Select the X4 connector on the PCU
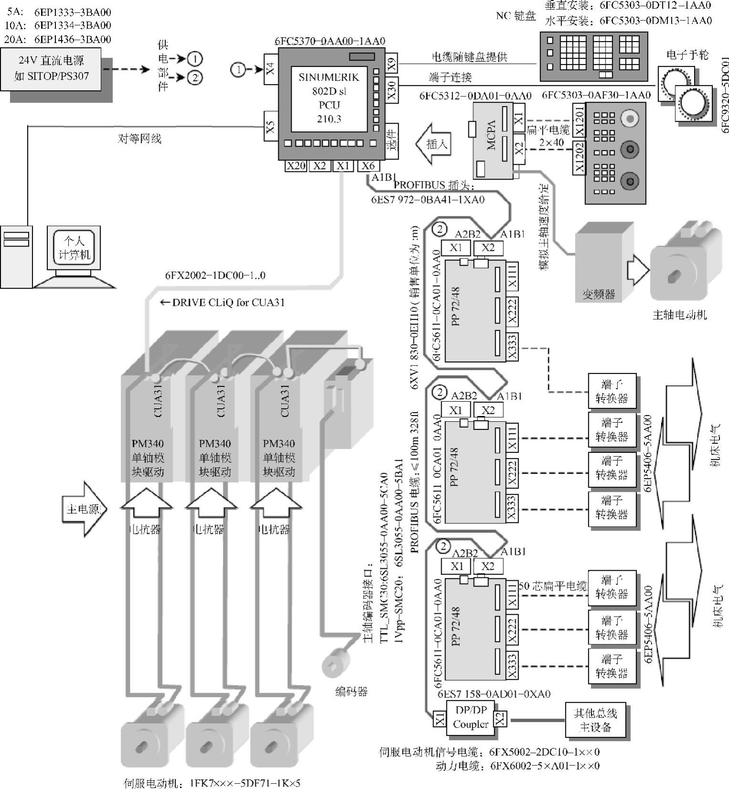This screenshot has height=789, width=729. (x=271, y=70)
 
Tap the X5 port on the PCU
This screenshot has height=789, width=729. (x=271, y=127)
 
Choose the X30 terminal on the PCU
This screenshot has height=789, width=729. (x=391, y=90)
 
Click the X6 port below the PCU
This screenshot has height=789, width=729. (x=368, y=166)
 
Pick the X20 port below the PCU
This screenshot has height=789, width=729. (x=296, y=166)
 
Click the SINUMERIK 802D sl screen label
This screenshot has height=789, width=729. (x=329, y=98)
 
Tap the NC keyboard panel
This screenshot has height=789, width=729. (x=593, y=56)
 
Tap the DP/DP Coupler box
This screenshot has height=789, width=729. (x=470, y=717)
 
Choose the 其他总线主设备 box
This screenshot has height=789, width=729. (x=595, y=720)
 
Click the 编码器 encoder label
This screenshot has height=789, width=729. (x=351, y=692)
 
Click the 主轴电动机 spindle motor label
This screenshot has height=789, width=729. (x=679, y=315)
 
